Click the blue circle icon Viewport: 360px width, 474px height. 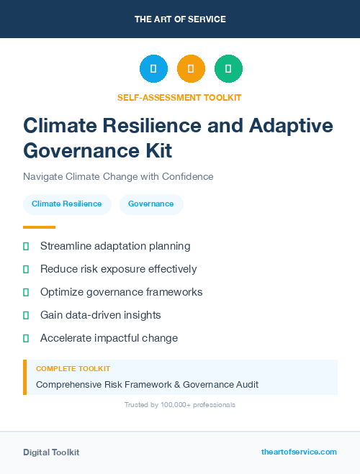coord(153,69)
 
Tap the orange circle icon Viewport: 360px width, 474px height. coord(191,69)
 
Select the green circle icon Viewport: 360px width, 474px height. coord(228,69)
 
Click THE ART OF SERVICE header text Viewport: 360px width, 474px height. coord(180,19)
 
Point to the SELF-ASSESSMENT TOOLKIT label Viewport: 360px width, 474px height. coord(180,97)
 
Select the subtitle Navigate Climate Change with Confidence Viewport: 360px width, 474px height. coord(118,176)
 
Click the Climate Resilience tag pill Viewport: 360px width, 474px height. coord(67,204)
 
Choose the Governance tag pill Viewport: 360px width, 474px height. coord(151,204)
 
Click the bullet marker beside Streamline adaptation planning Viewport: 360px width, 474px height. coord(26,246)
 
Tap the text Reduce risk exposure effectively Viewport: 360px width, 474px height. coord(118,269)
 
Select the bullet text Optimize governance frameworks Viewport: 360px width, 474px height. coord(121,292)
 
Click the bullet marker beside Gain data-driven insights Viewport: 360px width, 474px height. coord(26,315)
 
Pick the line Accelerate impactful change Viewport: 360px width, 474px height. coord(109,338)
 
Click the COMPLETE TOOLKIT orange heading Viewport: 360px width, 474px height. coord(73,368)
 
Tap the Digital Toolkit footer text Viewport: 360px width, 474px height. coord(51,452)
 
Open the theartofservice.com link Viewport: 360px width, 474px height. coord(299,452)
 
